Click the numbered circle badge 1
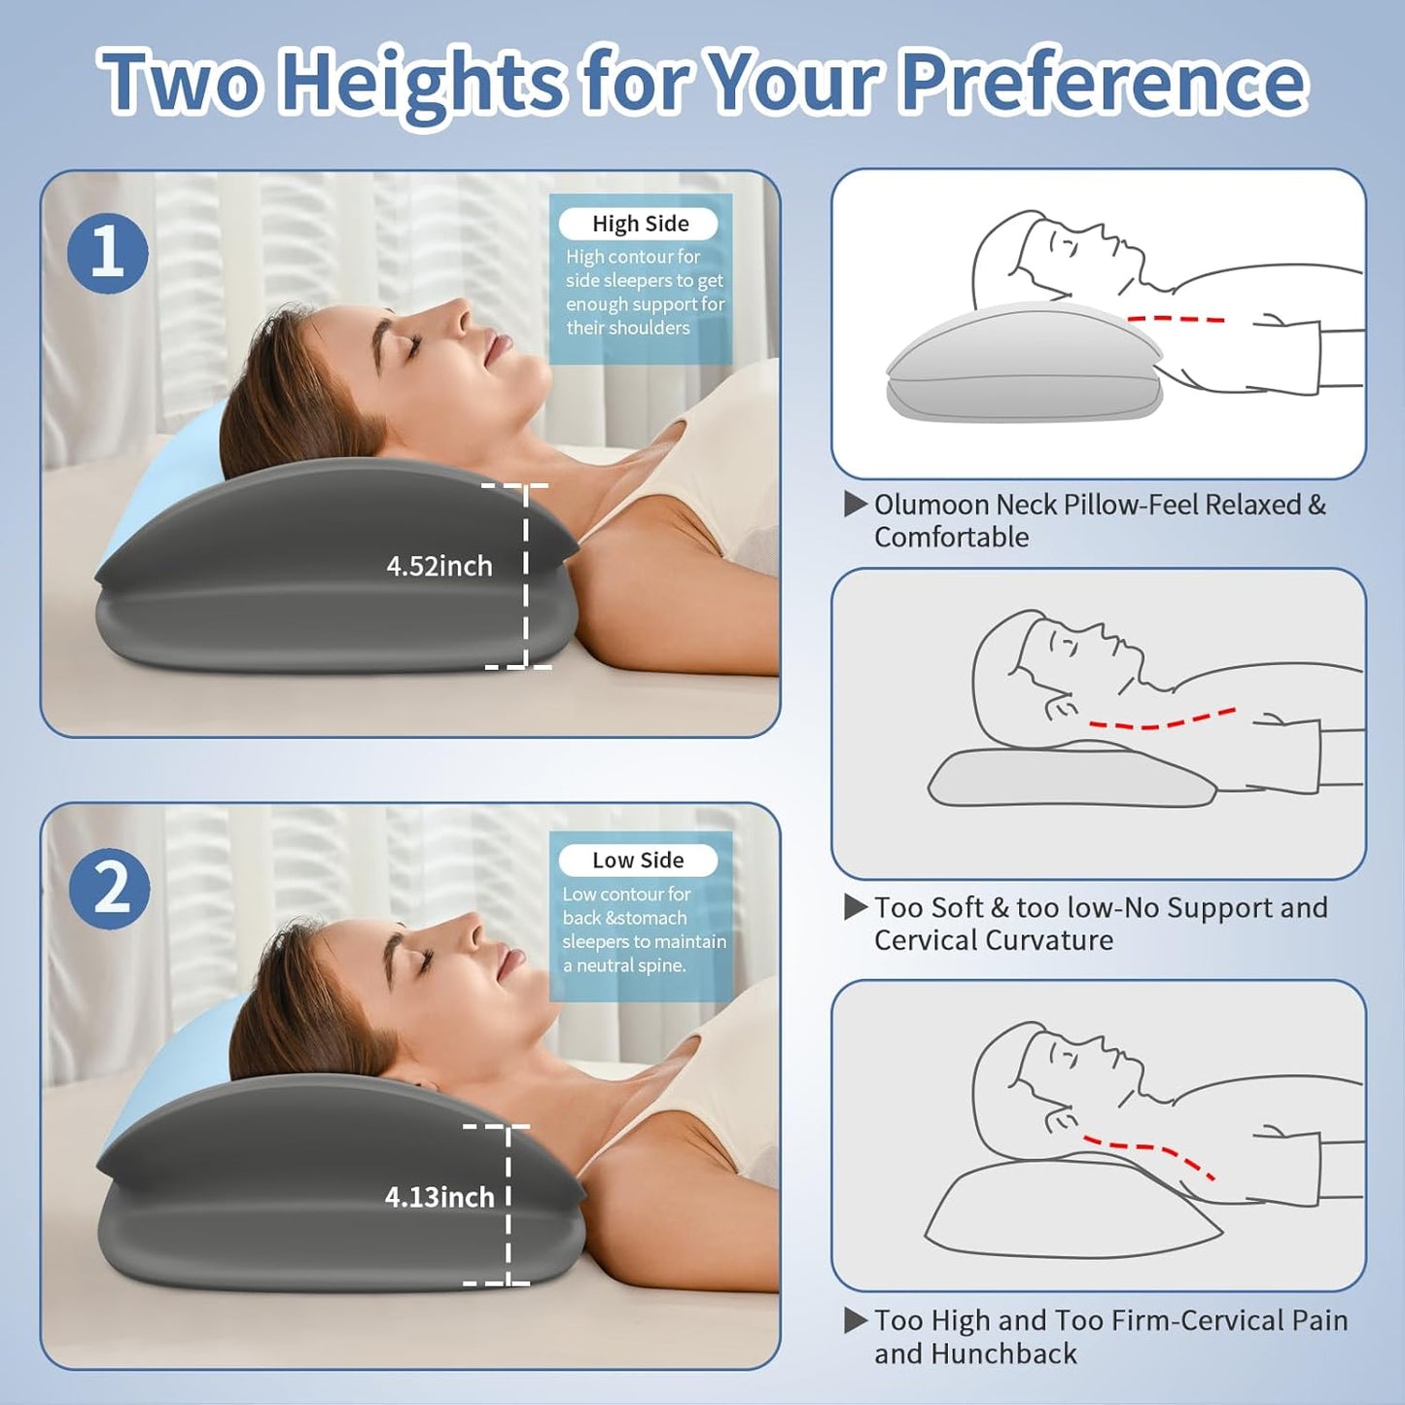tap(108, 254)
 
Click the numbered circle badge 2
tap(110, 889)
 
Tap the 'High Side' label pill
tap(639, 224)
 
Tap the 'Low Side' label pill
tap(638, 861)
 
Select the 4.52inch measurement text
tap(439, 566)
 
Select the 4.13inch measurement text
tap(439, 1197)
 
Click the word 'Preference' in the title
tap(1104, 82)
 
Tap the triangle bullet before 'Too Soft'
tap(856, 907)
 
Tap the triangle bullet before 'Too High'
tap(856, 1320)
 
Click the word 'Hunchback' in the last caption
tap(1003, 1353)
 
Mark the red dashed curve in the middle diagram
tap(1162, 720)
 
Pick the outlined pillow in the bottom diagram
tap(1070, 1211)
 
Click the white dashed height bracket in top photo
tap(526, 576)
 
